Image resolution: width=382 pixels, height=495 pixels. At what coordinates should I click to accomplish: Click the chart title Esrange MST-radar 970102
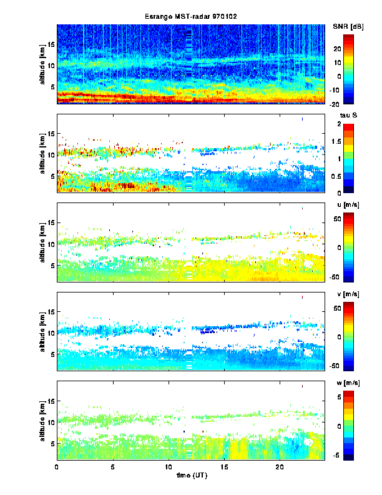[191, 16]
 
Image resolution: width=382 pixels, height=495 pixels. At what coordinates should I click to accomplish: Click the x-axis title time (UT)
[190, 476]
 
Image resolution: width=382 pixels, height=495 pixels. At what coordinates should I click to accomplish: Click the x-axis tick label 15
[223, 467]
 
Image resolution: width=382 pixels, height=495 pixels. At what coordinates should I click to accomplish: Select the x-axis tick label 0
[57, 467]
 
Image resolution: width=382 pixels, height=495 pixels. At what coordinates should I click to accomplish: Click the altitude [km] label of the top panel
[43, 63]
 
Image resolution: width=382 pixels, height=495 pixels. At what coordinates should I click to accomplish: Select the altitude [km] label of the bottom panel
[43, 420]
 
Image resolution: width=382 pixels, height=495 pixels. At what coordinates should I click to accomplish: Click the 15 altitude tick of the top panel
[52, 44]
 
